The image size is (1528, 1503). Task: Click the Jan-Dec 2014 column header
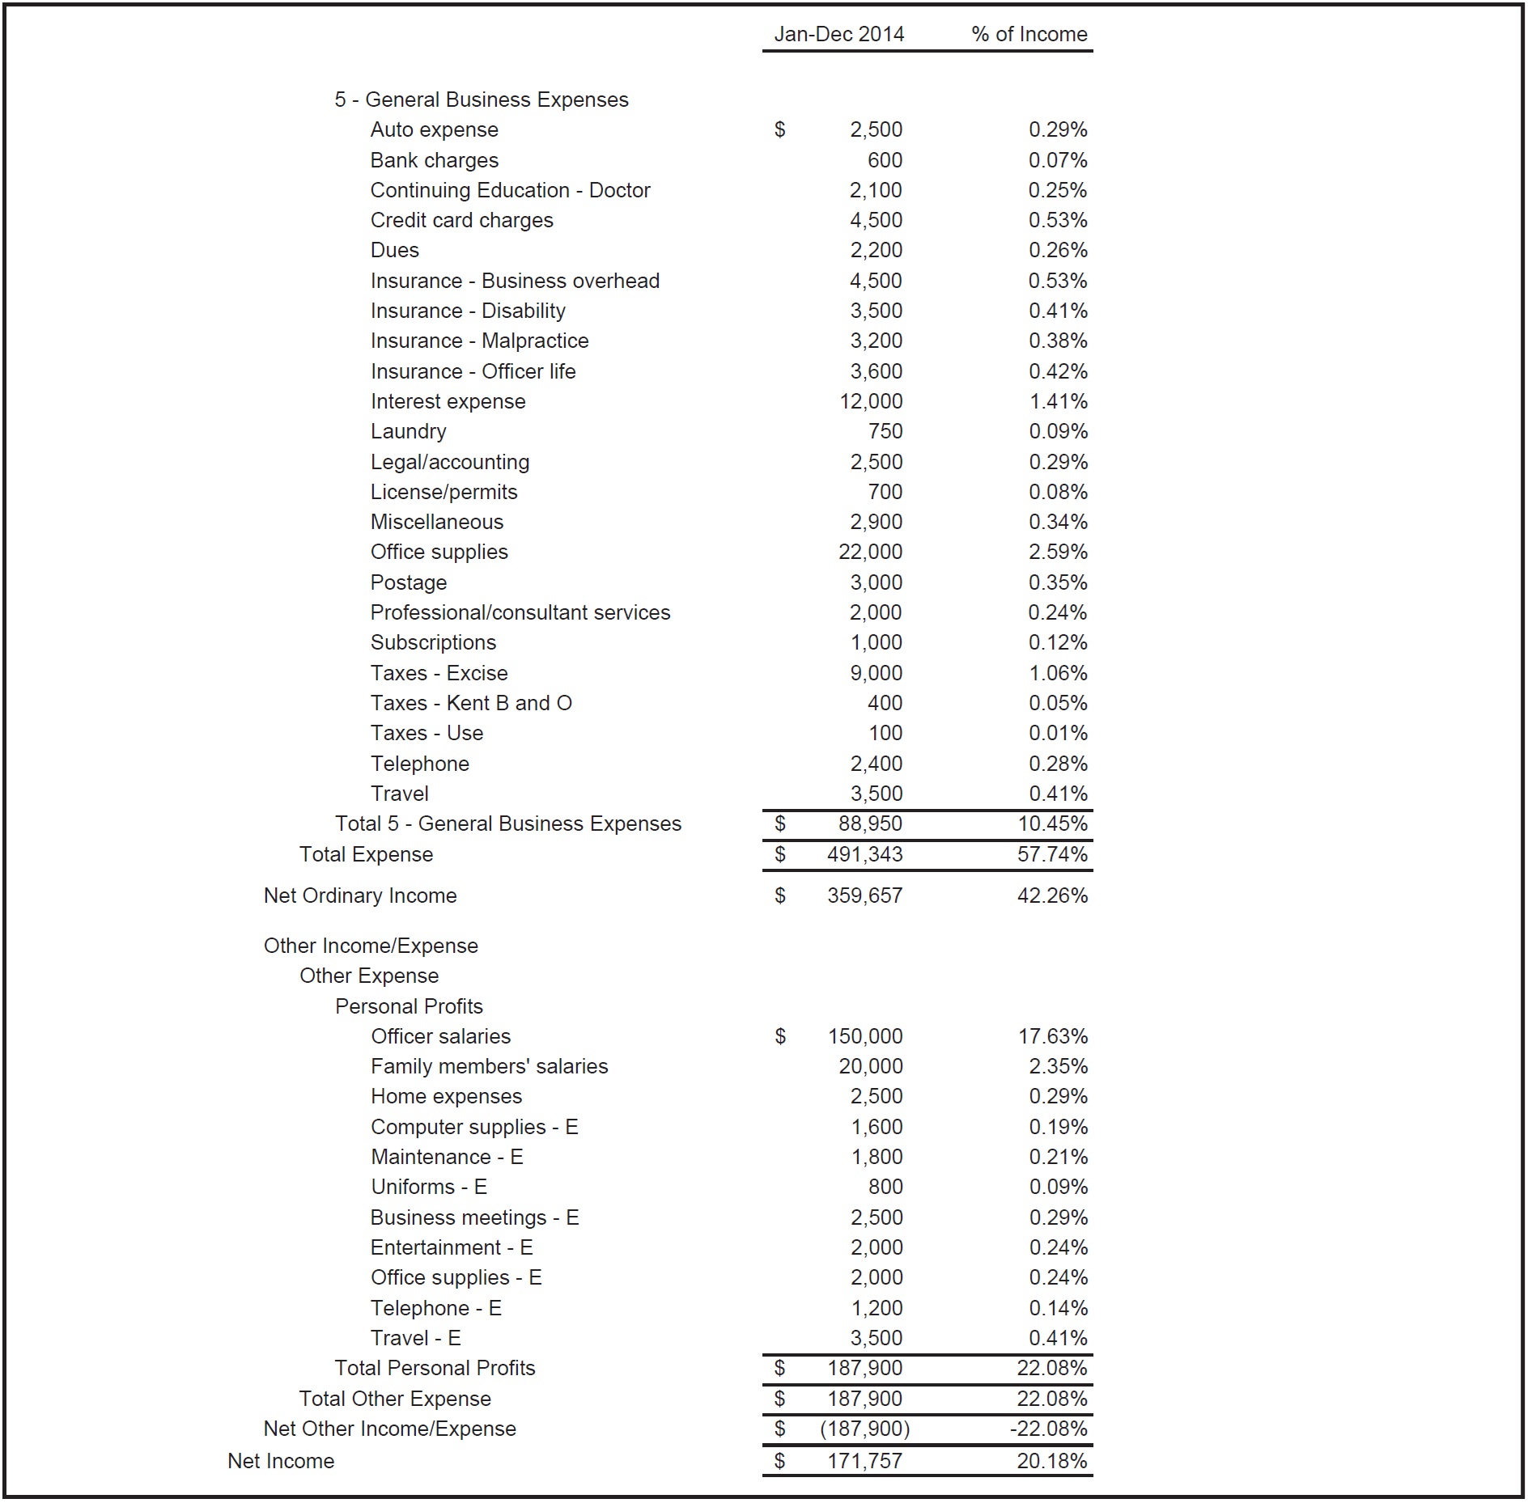(838, 34)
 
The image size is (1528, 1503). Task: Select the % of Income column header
(1029, 34)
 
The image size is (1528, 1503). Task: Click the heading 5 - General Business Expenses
(481, 99)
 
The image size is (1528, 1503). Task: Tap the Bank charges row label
(434, 160)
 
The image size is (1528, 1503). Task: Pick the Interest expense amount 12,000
(871, 401)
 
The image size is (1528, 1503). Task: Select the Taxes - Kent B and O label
(471, 703)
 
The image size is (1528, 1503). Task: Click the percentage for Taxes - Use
(1058, 733)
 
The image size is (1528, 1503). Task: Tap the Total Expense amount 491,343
(864, 854)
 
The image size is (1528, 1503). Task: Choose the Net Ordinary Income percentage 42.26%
(1052, 895)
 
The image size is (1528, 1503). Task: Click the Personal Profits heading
(409, 1006)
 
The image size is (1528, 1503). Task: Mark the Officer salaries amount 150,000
(865, 1036)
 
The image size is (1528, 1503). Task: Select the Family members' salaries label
(489, 1066)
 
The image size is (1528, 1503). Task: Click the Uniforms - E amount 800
(885, 1187)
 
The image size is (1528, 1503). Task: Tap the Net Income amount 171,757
(864, 1461)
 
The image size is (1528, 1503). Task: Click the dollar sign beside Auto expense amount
(779, 129)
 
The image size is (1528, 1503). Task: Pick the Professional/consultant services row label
(520, 612)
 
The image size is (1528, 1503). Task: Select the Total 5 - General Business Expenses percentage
(1052, 823)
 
